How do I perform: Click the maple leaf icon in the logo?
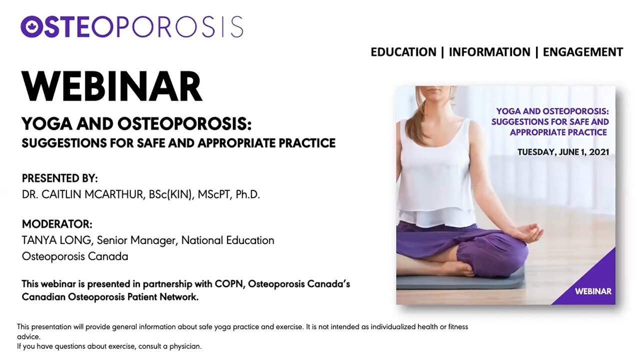(31, 27)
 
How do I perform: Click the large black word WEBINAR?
(112, 86)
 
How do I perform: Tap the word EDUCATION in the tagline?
(403, 52)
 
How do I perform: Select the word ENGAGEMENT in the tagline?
(583, 52)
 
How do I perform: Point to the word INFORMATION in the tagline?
(489, 52)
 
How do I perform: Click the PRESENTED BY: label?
(59, 178)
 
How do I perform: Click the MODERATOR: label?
(57, 224)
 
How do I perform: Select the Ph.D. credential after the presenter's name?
(247, 194)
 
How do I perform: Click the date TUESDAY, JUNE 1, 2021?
(563, 152)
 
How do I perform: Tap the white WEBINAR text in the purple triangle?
(593, 291)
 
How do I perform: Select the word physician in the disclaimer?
(185, 346)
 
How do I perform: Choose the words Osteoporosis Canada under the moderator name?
(75, 256)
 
